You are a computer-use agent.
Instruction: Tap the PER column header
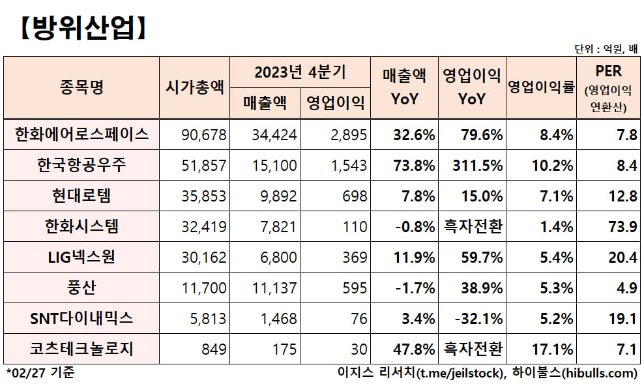pyautogui.click(x=608, y=71)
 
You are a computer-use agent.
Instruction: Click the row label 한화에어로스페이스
pyautogui.click(x=82, y=135)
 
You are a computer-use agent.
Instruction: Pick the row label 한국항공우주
pyautogui.click(x=82, y=166)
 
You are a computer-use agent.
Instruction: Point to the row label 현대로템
pyautogui.click(x=82, y=196)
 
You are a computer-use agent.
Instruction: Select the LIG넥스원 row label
pyautogui.click(x=82, y=257)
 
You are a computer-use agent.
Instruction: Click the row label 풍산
pyautogui.click(x=82, y=288)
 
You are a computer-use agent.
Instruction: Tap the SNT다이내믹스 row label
pyautogui.click(x=82, y=318)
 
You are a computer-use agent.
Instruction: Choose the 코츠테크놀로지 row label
pyautogui.click(x=82, y=349)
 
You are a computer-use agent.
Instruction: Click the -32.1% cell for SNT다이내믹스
pyautogui.click(x=480, y=319)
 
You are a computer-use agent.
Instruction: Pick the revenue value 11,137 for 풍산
pyautogui.click(x=276, y=288)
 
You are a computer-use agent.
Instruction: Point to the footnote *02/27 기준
pyautogui.click(x=40, y=374)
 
